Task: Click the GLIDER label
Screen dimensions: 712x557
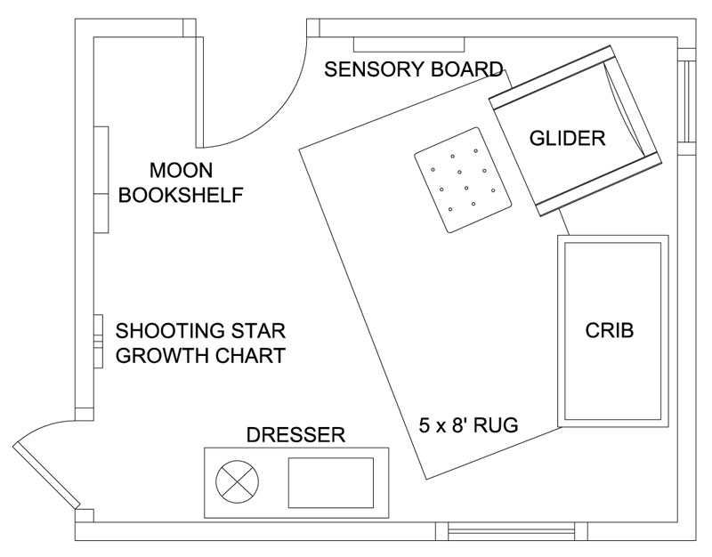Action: [x=567, y=138]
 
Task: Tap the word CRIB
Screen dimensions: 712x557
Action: [x=610, y=330]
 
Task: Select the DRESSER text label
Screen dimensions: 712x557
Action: [x=295, y=435]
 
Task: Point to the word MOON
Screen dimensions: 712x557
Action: [x=182, y=170]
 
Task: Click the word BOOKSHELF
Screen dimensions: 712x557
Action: [x=181, y=195]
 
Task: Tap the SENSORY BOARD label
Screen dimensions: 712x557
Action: [x=414, y=69]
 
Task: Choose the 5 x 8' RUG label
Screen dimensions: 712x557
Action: [x=469, y=425]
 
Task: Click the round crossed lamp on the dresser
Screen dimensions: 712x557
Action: [x=237, y=481]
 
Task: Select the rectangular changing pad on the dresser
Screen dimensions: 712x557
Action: [x=331, y=482]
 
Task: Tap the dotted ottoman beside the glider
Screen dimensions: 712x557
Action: [x=463, y=181]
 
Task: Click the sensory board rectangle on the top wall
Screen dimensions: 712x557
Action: [x=409, y=44]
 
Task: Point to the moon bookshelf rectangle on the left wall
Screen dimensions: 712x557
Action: [x=101, y=180]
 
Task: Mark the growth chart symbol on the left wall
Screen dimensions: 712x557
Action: [x=98, y=342]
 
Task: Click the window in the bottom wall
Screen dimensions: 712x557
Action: [x=511, y=531]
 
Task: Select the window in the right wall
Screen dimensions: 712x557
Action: [x=686, y=101]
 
